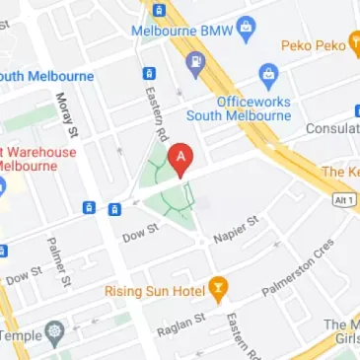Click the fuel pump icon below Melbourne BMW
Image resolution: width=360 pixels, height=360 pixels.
pos(194,66)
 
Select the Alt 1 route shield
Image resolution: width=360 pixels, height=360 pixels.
pos(341,198)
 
